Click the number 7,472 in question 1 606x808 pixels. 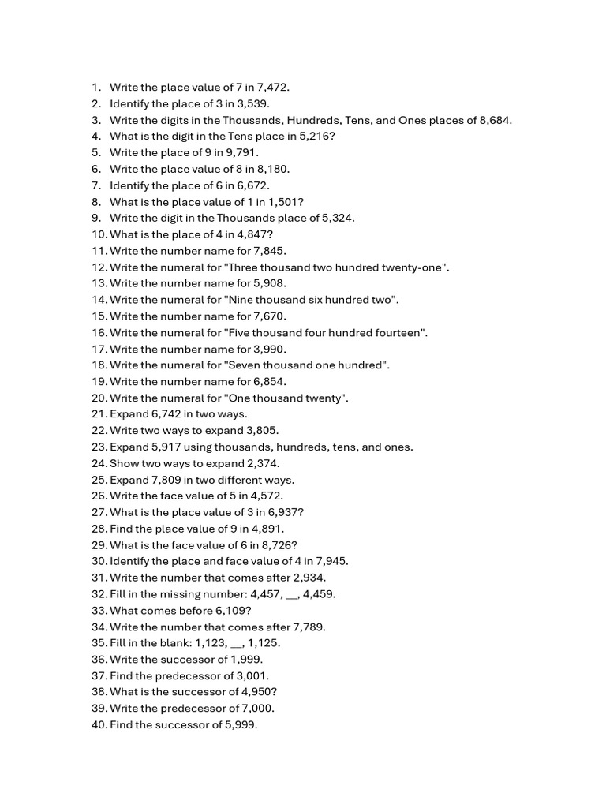[282, 87]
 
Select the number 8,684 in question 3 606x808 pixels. [494, 120]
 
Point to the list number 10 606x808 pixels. [99, 234]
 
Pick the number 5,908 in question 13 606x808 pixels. [268, 283]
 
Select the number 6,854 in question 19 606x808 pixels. [268, 381]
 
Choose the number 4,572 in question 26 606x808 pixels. [264, 496]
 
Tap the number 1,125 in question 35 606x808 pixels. [264, 643]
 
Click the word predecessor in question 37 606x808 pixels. [171, 676]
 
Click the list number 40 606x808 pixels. [99, 725]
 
